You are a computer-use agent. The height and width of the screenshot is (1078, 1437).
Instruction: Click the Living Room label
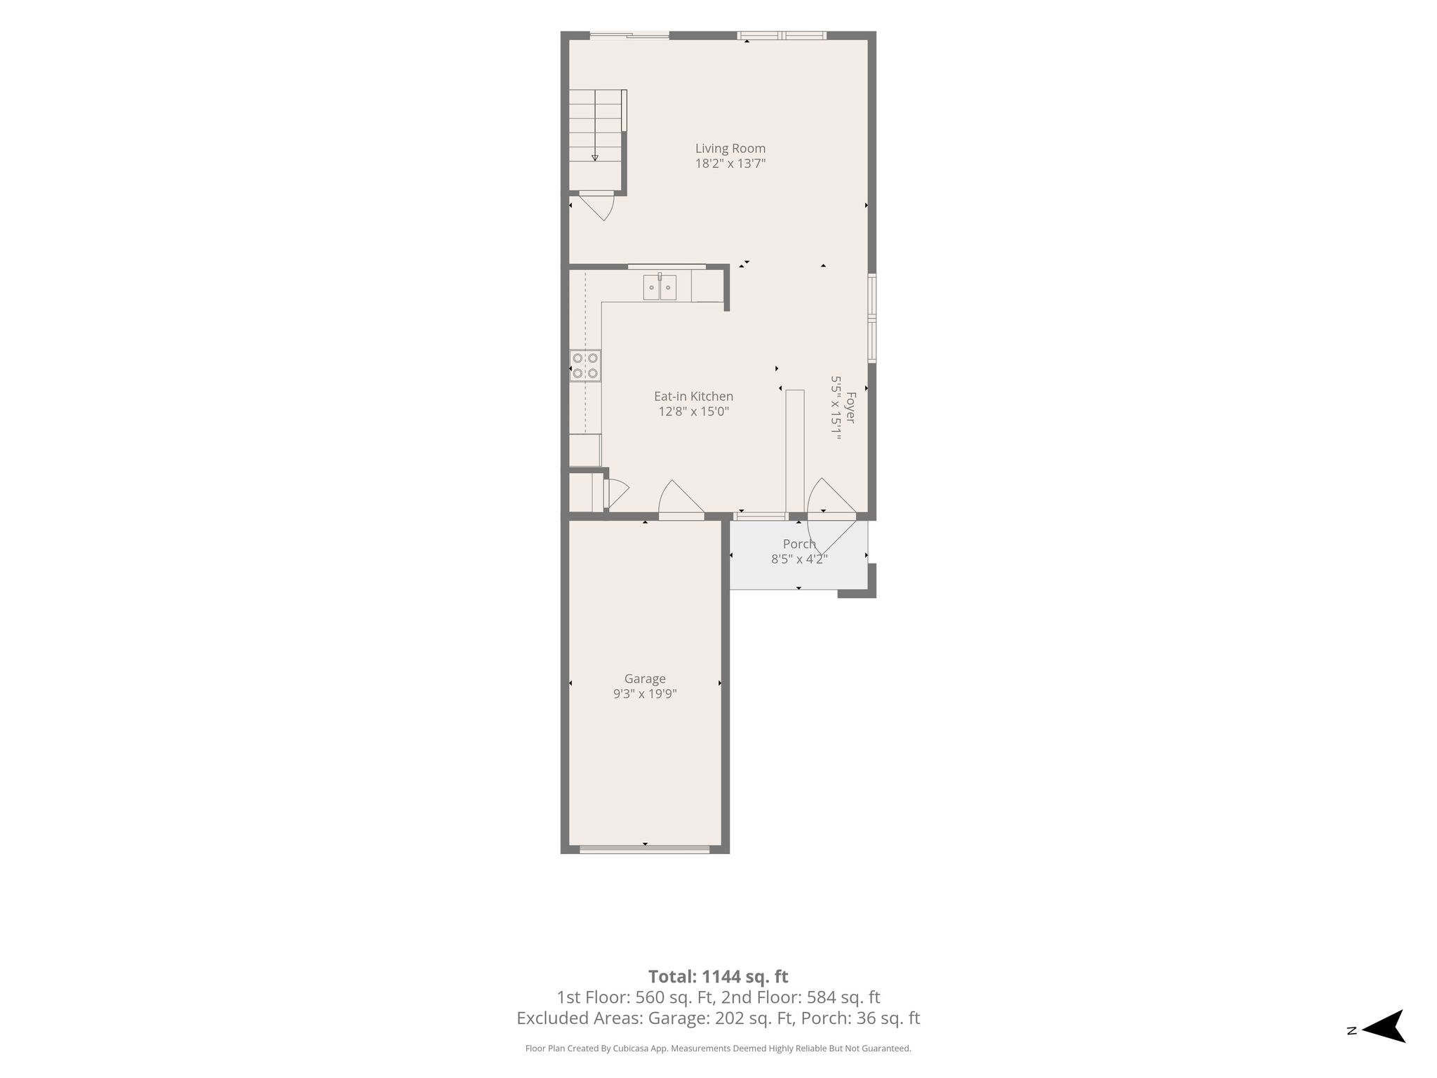730,148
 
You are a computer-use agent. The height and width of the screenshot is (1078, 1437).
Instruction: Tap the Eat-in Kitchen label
693,397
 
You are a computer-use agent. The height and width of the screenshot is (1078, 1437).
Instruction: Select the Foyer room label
851,408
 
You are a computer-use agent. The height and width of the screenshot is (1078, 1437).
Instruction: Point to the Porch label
799,544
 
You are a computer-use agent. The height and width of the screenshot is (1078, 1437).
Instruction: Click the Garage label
645,679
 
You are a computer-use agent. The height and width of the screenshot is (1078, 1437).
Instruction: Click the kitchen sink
660,287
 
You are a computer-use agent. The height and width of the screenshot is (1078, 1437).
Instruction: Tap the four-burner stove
585,366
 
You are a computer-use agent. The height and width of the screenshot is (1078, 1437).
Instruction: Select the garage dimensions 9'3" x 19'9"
645,694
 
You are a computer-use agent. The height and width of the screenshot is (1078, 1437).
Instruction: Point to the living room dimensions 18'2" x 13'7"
730,164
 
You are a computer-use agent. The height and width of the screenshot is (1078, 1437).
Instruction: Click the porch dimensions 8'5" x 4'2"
799,559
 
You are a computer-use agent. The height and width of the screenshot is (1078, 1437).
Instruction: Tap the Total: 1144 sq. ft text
718,976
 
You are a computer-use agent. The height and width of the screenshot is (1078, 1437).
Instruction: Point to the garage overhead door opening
645,850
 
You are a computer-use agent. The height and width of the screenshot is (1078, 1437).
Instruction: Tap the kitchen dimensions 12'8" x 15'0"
693,412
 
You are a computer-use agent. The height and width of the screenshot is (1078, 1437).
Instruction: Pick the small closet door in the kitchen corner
615,493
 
